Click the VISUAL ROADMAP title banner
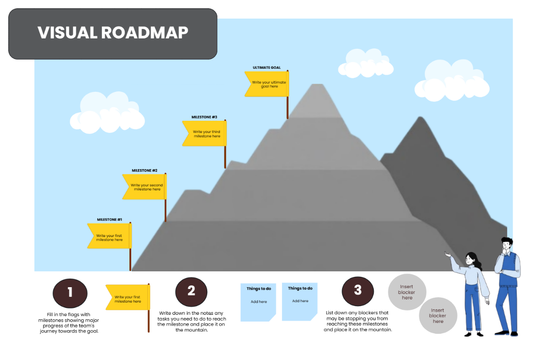tap(113, 33)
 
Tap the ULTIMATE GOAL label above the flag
tap(267, 67)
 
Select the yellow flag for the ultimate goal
tap(266, 84)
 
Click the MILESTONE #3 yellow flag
tap(204, 134)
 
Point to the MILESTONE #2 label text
tap(144, 171)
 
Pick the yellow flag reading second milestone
tap(144, 187)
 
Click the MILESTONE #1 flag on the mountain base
tap(109, 236)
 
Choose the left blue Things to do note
tap(258, 302)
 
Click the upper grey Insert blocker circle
tap(407, 292)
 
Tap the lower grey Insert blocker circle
tap(438, 316)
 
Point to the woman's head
tap(471, 259)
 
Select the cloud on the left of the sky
tap(111, 112)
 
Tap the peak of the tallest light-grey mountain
tap(319, 85)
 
